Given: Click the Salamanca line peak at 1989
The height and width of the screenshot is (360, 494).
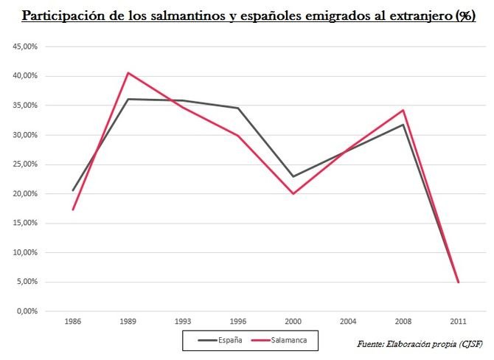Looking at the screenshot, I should click(128, 72).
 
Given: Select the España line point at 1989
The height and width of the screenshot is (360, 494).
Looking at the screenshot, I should click(128, 99).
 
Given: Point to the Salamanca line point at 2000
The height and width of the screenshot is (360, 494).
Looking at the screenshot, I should click(293, 193).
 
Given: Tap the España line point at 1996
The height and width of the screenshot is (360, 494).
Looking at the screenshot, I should click(237, 108).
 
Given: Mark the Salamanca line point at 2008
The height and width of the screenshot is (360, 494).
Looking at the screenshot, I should click(403, 110).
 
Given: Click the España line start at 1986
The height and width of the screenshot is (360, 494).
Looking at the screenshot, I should click(73, 190).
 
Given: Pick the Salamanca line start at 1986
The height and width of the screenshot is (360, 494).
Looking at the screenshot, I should click(73, 210).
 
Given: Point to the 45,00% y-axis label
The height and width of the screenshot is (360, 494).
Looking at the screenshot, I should click(27, 46).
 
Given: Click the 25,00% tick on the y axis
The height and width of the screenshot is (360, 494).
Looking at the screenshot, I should click(27, 165).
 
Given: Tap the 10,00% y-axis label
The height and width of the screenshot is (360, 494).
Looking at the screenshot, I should click(27, 252).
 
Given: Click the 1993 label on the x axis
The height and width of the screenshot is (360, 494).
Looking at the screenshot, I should click(183, 322).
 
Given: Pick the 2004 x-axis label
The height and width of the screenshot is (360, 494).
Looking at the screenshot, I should click(348, 322).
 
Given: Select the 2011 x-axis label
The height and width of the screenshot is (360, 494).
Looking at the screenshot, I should click(459, 322).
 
